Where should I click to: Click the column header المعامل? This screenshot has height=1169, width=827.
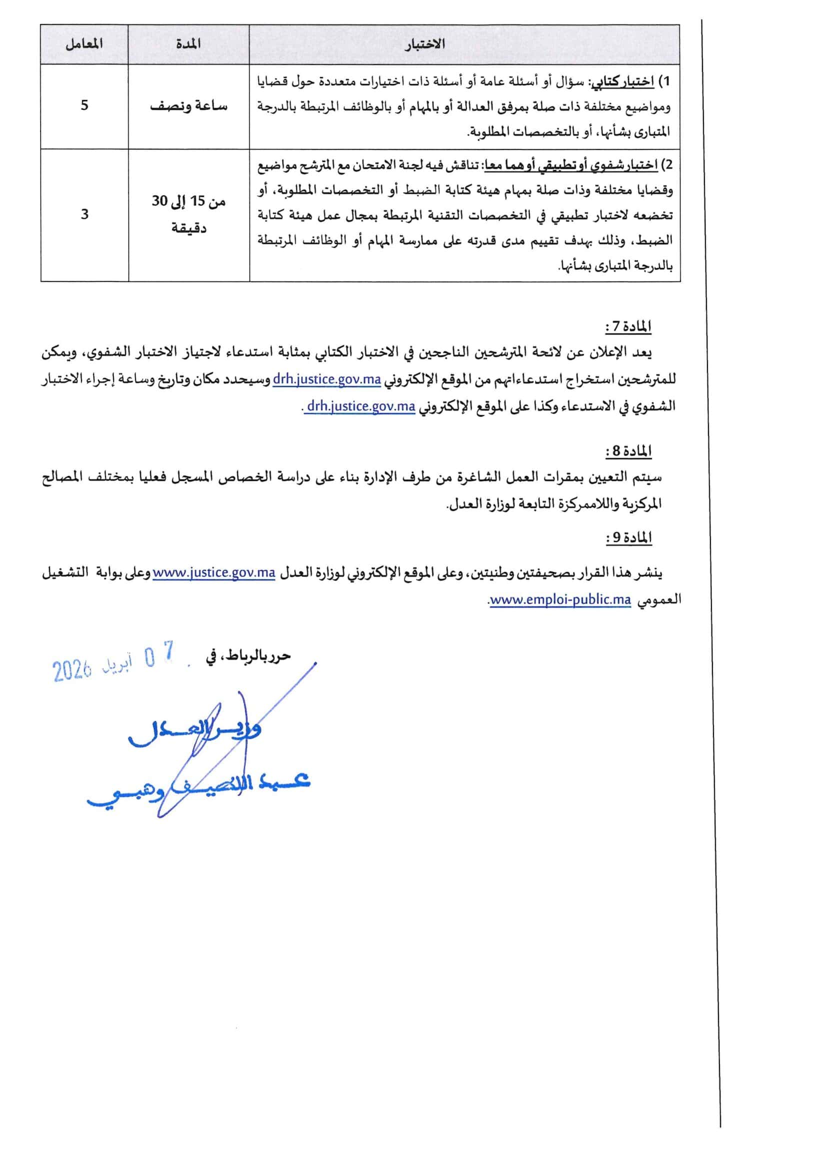click(x=84, y=44)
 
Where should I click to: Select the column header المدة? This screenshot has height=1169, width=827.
click(x=188, y=44)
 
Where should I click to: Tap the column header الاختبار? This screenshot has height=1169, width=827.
click(x=424, y=44)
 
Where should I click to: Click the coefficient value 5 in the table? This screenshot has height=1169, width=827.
click(x=84, y=105)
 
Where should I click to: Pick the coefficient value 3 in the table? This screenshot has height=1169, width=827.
click(x=84, y=214)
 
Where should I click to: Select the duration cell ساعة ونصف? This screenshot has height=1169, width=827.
click(x=188, y=106)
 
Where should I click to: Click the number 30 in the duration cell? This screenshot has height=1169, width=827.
click(x=160, y=201)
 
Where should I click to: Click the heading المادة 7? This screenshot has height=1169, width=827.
click(x=628, y=327)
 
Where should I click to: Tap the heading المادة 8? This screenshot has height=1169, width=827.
click(x=628, y=451)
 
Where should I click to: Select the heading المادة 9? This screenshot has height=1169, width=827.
click(x=628, y=538)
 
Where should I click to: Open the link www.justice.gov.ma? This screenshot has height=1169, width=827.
click(x=214, y=573)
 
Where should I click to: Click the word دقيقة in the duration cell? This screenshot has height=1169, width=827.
click(x=188, y=227)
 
